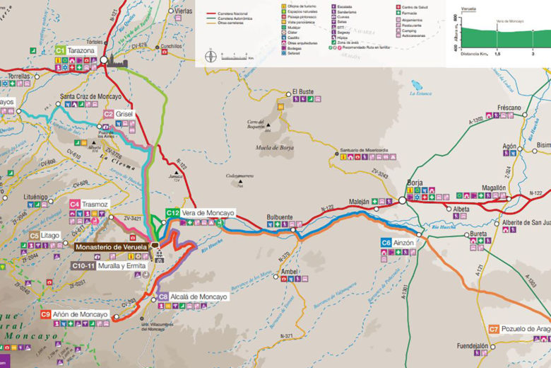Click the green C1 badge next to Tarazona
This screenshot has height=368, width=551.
click(x=60, y=51)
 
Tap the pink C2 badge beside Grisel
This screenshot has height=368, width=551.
click(x=109, y=113)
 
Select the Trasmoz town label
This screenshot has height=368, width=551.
click(x=95, y=204)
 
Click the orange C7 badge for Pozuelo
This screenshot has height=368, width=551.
click(x=494, y=329)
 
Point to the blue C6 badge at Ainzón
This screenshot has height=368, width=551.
click(x=386, y=243)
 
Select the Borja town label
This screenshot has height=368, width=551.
click(x=415, y=183)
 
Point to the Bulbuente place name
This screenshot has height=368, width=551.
click(x=280, y=218)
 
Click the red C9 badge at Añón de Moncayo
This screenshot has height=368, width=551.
click(x=46, y=314)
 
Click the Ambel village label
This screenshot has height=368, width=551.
click(x=290, y=271)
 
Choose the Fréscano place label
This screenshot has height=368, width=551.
click(x=509, y=108)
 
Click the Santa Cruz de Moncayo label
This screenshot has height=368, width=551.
click(x=90, y=96)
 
